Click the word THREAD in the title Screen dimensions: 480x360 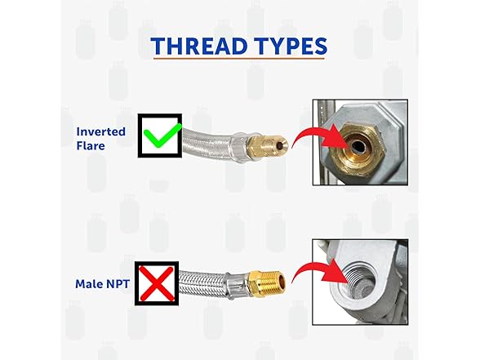tap(199, 47)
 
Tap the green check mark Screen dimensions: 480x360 tap(162, 136)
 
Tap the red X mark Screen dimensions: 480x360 tap(157, 283)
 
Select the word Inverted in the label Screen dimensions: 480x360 tap(101, 131)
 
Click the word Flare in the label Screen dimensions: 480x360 tap(91, 145)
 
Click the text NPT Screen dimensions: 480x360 tap(118, 284)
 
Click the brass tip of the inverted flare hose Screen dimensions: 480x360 tap(268, 145)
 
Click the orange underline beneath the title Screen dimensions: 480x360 tap(238, 58)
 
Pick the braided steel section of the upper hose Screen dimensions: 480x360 tap(208, 143)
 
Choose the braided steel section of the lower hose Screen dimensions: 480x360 tap(202, 284)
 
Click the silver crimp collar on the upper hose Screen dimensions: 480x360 tap(242, 147)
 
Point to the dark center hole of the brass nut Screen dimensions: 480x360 tap(356, 147)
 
